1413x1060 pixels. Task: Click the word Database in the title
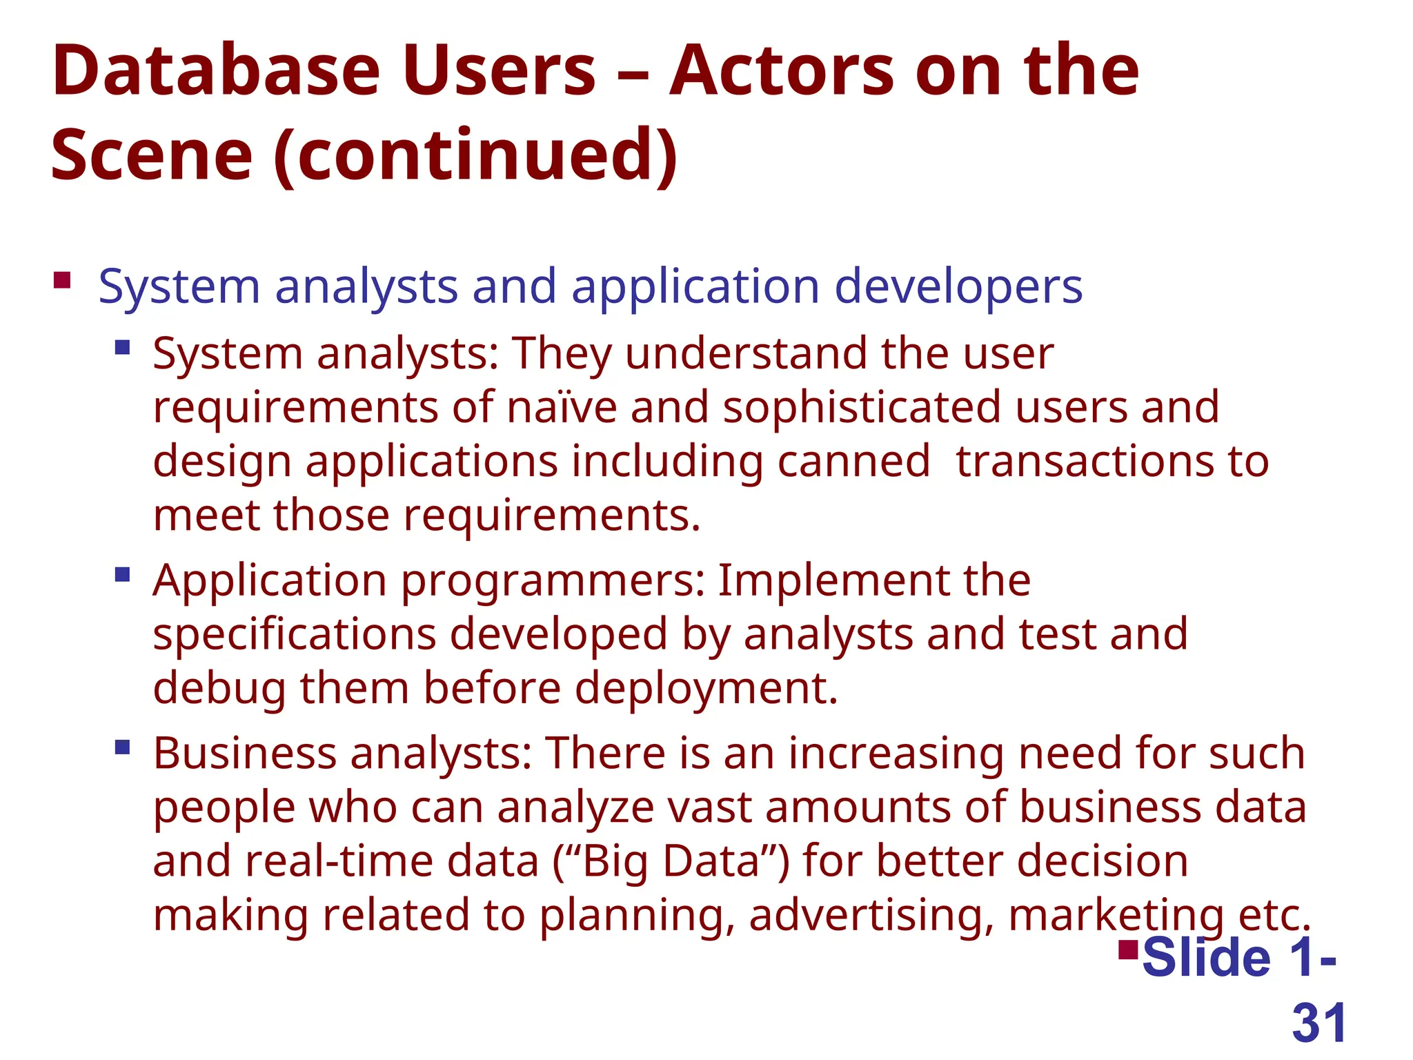(x=216, y=71)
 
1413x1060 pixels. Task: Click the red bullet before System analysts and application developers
(x=62, y=280)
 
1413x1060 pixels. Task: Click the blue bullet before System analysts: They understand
(x=123, y=346)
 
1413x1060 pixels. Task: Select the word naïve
(x=562, y=407)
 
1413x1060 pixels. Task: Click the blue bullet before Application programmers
(x=123, y=574)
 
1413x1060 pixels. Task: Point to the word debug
(x=219, y=689)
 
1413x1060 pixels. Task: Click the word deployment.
(x=706, y=689)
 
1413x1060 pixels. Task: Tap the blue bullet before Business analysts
(x=123, y=747)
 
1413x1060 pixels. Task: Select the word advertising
(x=871, y=916)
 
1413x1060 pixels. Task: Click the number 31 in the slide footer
(x=1318, y=1023)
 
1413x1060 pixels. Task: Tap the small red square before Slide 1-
(x=1128, y=950)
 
